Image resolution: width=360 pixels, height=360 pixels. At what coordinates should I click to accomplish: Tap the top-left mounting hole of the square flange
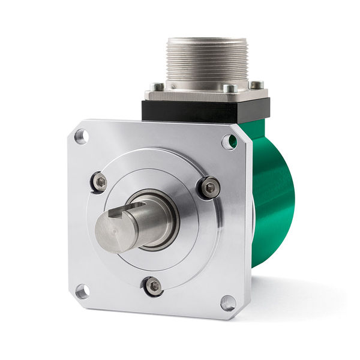[80, 137]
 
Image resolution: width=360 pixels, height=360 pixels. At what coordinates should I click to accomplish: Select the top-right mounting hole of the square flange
[228, 142]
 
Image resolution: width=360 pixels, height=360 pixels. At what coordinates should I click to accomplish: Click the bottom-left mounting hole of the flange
[82, 292]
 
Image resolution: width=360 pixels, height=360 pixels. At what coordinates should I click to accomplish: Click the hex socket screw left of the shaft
[98, 182]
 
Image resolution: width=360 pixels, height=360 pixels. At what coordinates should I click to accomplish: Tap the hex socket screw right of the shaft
[209, 188]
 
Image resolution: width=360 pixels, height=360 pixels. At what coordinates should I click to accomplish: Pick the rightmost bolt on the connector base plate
[256, 85]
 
